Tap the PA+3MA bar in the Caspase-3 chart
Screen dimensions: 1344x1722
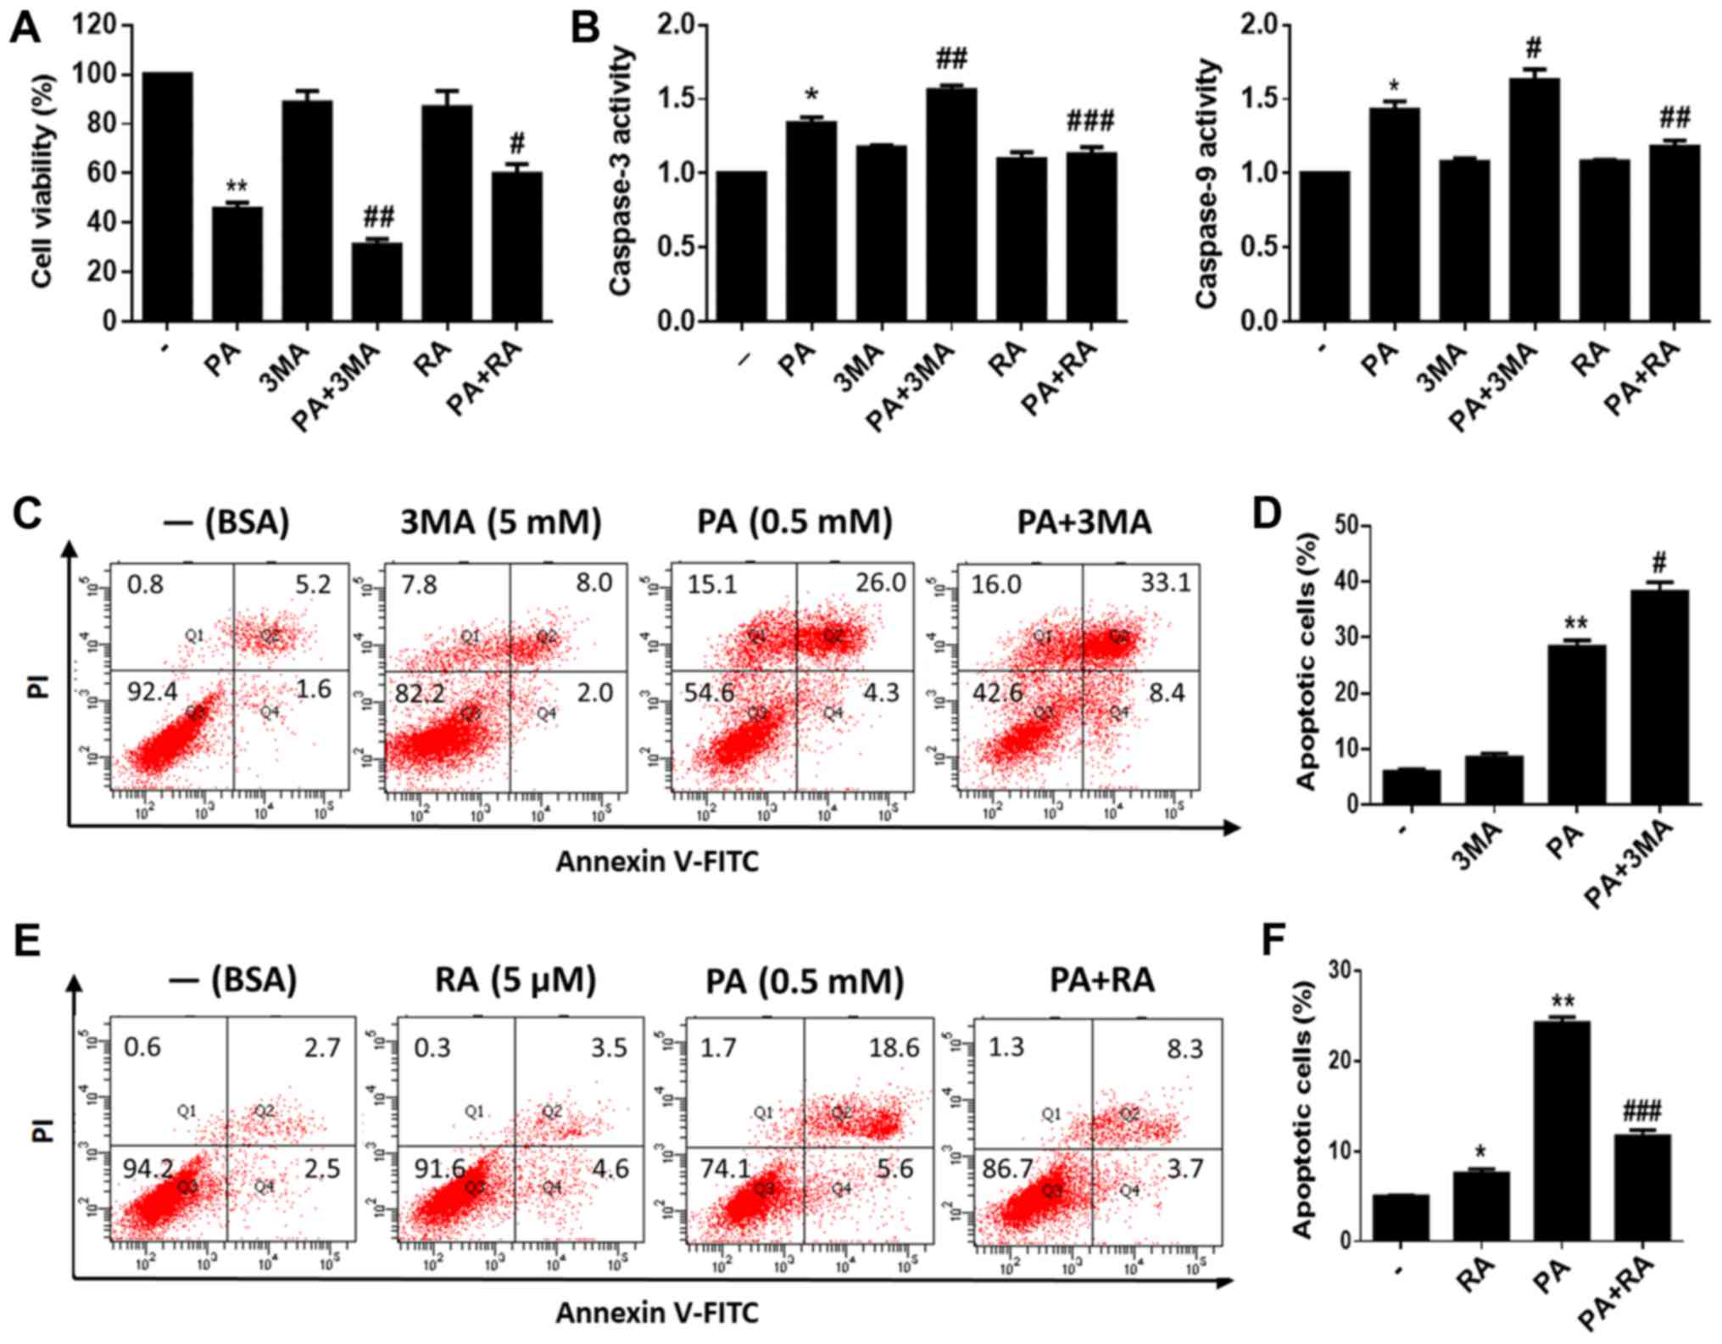951,204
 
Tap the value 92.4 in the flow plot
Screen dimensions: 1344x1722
152,692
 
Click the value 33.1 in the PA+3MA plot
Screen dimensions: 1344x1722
1165,583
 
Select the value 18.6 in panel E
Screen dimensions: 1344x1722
894,1048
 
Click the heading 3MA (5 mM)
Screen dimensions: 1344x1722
500,522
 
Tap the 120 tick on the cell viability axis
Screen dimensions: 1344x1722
95,25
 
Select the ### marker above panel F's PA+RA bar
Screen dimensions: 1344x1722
1641,1111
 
